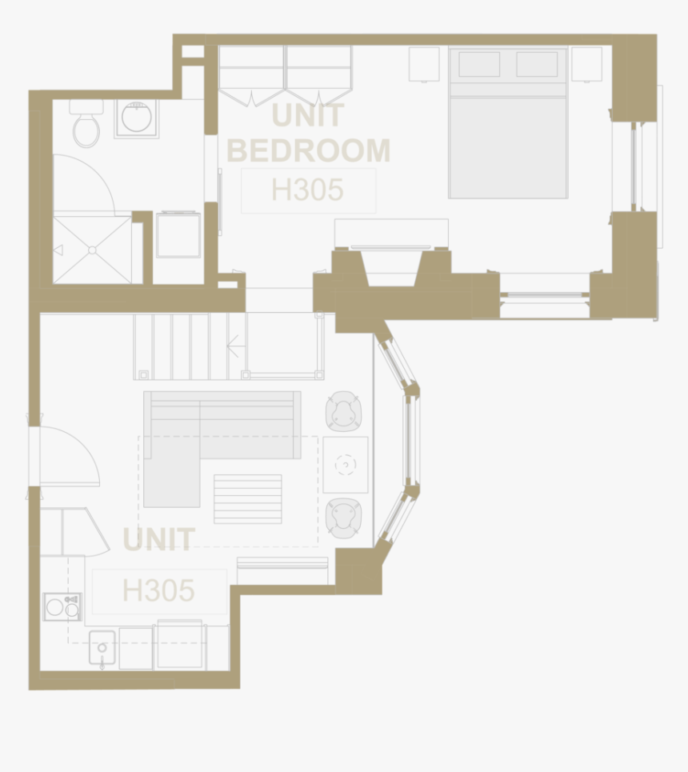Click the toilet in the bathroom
coord(86,126)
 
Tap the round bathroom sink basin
coord(136,118)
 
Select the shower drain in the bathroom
coord(92,250)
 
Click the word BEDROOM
coord(309,150)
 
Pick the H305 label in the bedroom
coord(308,190)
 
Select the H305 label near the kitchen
coord(158,591)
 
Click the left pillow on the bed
coord(479,64)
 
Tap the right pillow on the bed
coord(537,64)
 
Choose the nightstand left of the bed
coord(424,64)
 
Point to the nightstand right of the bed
coord(586,64)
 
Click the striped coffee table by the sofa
coord(247,498)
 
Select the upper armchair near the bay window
coord(345,411)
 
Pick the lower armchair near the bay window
coord(344,518)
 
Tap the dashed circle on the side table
coord(346,464)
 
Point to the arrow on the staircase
coord(234,346)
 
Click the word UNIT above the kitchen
coord(158,540)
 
